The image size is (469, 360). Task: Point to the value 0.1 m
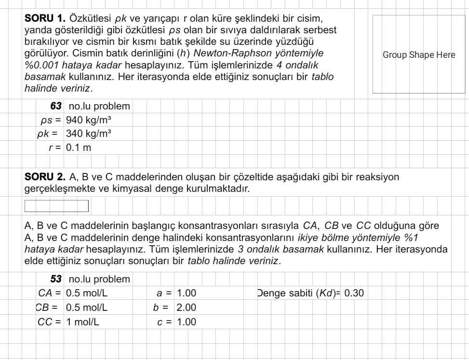pos(78,147)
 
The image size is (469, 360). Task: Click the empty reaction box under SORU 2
pos(56,206)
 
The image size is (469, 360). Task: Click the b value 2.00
pos(187,307)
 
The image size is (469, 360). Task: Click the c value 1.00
pos(187,321)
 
